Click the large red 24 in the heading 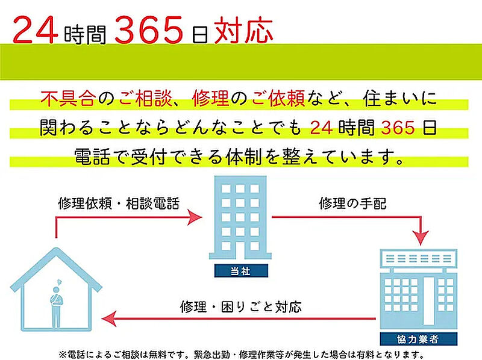[36, 29]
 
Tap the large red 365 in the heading [149, 30]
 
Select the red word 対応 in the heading [243, 30]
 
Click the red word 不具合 [68, 98]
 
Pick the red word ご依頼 [278, 98]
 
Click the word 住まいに [399, 98]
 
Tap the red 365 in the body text [398, 128]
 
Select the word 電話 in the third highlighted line [92, 157]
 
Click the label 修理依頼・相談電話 [119, 203]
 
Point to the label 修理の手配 [352, 203]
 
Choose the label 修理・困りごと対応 [241, 307]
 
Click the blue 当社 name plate [241, 271]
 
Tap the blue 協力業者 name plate [419, 339]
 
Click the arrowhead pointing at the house [109, 318]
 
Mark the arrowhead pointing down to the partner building [421, 238]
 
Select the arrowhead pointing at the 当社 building [195, 217]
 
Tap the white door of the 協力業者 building [429, 301]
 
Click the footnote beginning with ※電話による [242, 355]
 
